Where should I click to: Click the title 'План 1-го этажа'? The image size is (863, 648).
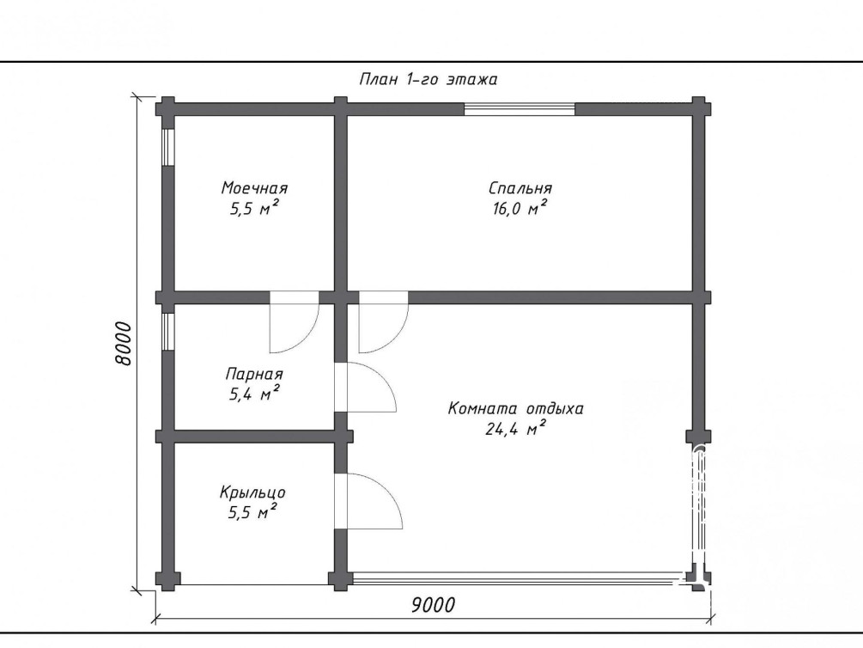[428, 79]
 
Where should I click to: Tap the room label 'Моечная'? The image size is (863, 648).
[254, 188]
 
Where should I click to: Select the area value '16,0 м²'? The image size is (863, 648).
[520, 208]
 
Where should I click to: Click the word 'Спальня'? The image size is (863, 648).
[520, 188]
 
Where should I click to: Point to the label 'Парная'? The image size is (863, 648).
[254, 374]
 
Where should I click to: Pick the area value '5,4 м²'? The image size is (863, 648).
[254, 394]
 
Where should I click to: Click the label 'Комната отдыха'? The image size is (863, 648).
[516, 409]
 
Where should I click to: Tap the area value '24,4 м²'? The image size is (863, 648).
[516, 428]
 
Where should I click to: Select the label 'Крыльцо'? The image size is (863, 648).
[252, 492]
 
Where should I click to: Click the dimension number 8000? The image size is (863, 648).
[124, 344]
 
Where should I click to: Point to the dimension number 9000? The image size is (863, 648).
[433, 605]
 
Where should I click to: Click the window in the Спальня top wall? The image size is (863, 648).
[520, 109]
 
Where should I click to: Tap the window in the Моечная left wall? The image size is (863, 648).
[168, 147]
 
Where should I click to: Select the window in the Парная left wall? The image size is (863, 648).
[168, 332]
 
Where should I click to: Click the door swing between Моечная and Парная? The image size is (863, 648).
[295, 323]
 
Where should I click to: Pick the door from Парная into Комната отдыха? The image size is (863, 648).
[366, 388]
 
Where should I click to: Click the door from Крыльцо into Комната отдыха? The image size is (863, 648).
[368, 501]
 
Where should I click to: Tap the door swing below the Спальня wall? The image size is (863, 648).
[384, 323]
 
